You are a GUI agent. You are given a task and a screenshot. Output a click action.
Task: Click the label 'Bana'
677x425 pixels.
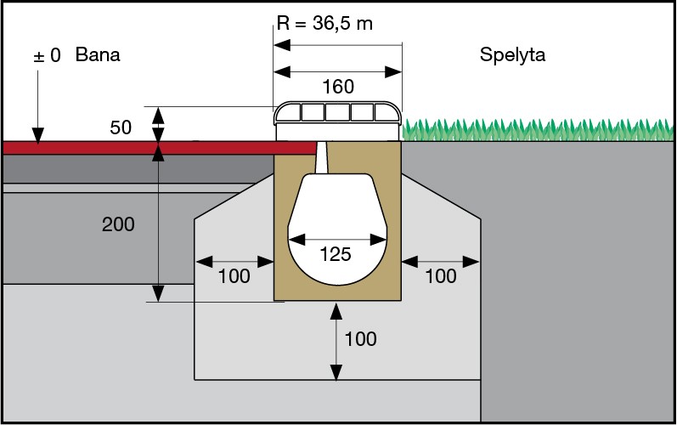coord(98,56)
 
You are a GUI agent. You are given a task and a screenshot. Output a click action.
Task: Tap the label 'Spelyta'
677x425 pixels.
coord(512,56)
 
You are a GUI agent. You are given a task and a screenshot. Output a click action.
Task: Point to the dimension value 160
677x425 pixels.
coord(337,87)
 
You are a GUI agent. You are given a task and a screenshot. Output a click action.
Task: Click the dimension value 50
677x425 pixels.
coord(121,127)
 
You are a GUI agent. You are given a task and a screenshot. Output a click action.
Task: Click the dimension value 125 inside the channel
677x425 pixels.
coord(337,254)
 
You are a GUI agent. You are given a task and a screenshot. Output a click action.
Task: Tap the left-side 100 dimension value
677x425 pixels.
coord(234,276)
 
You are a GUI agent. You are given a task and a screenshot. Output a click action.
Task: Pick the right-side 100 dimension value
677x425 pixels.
coord(440,276)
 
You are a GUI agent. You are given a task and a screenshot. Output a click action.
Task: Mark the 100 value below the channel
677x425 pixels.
coord(360,339)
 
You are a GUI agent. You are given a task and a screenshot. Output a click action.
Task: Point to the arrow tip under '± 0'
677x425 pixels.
coord(37,139)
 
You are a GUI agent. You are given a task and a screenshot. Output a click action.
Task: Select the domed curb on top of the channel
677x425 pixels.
coord(337,115)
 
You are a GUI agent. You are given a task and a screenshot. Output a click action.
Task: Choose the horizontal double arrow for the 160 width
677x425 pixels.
coord(337,71)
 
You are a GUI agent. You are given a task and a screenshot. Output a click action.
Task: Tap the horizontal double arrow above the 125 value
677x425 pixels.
coord(337,240)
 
